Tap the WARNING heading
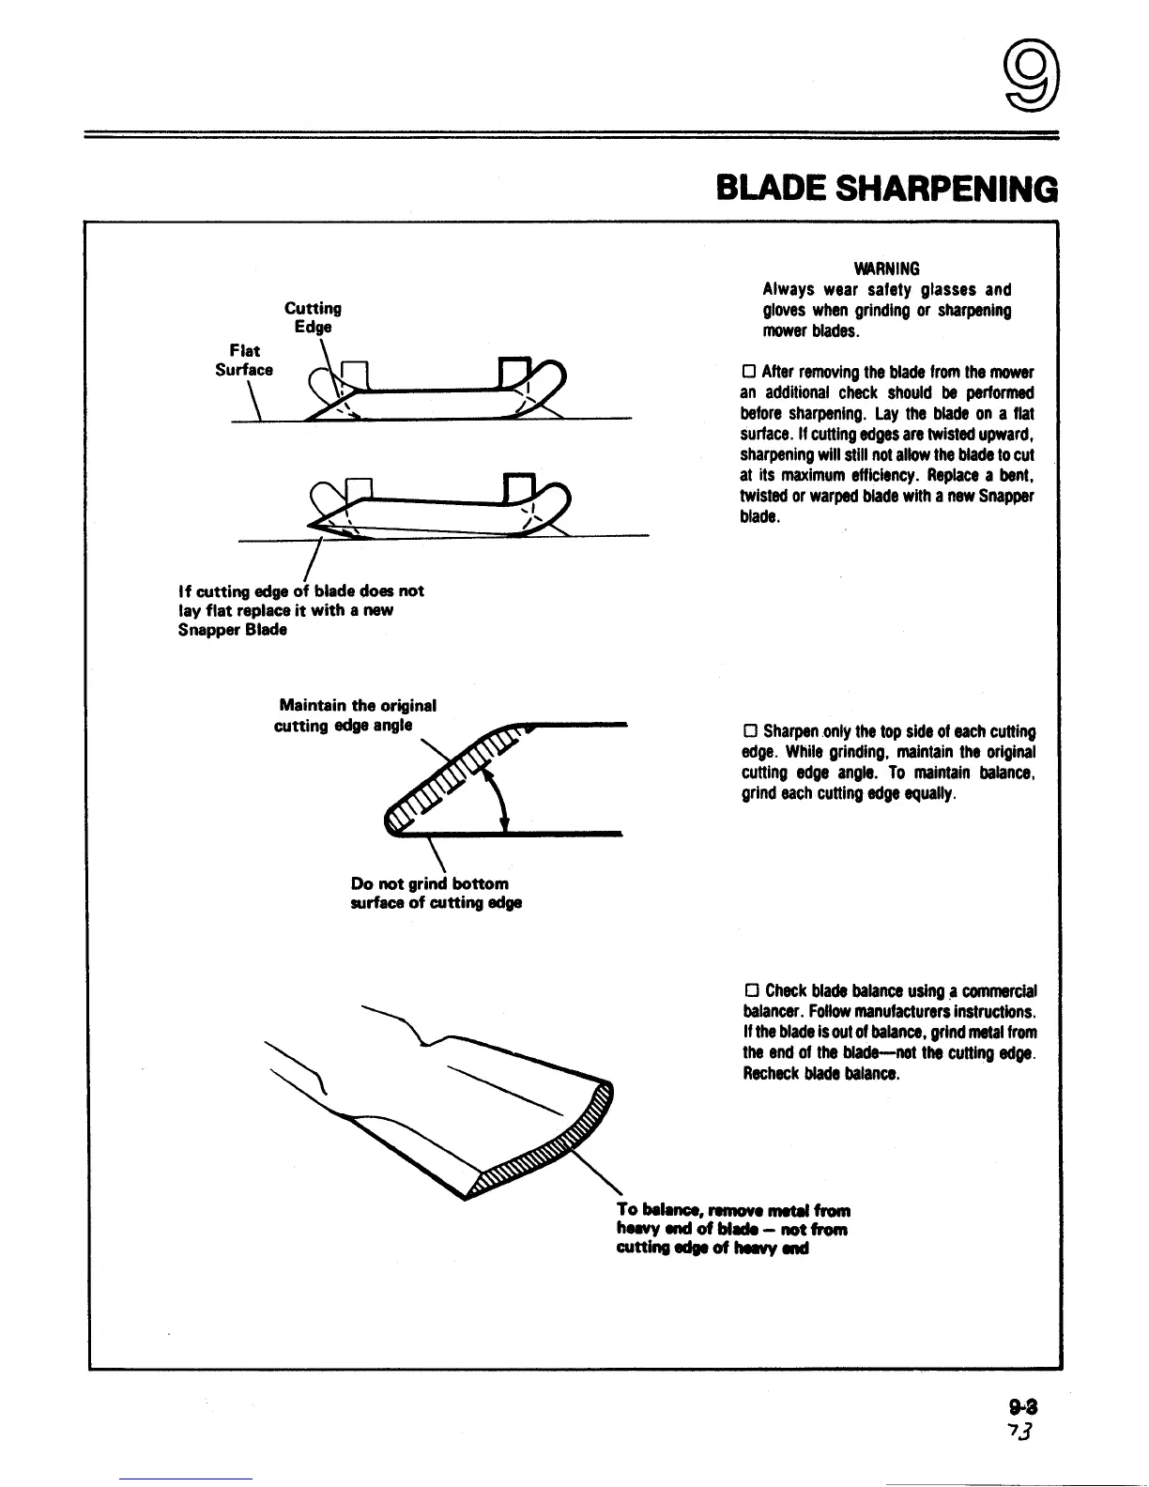click(887, 268)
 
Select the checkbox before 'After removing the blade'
click(749, 372)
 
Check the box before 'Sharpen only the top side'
click(750, 731)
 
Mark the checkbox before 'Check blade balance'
click(751, 991)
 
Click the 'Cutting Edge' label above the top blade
click(313, 317)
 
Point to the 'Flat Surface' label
click(243, 360)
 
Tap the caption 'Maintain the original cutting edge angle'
click(355, 715)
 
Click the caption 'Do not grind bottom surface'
click(435, 893)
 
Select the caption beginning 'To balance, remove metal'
click(732, 1229)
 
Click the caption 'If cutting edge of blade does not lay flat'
click(300, 610)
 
